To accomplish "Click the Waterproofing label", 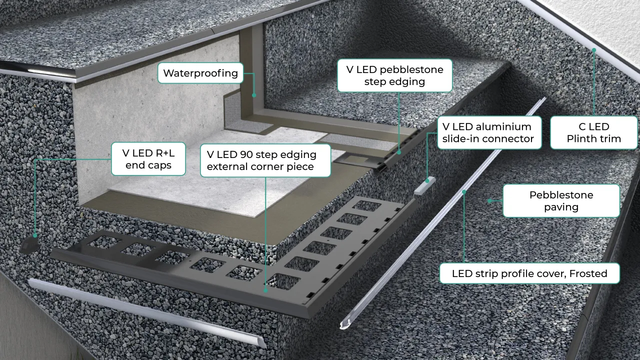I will pyautogui.click(x=200, y=73).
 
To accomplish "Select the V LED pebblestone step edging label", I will pyautogui.click(x=394, y=75).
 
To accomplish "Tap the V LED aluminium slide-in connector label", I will pyautogui.click(x=488, y=133).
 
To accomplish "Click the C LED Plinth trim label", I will pyautogui.click(x=594, y=132).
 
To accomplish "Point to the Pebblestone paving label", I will pyautogui.click(x=561, y=200).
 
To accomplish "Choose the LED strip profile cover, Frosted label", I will pyautogui.click(x=529, y=273).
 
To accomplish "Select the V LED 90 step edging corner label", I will pyautogui.click(x=265, y=160).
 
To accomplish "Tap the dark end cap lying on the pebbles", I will pyautogui.click(x=31, y=244).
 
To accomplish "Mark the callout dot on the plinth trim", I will pyautogui.click(x=594, y=50).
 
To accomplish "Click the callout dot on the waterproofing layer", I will pyautogui.click(x=254, y=94).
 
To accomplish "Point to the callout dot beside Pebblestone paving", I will pyautogui.click(x=489, y=201).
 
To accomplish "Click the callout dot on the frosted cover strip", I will pyautogui.click(x=464, y=191).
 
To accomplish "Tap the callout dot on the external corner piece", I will pyautogui.click(x=265, y=289).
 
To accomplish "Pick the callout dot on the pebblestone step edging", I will pyautogui.click(x=399, y=152).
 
